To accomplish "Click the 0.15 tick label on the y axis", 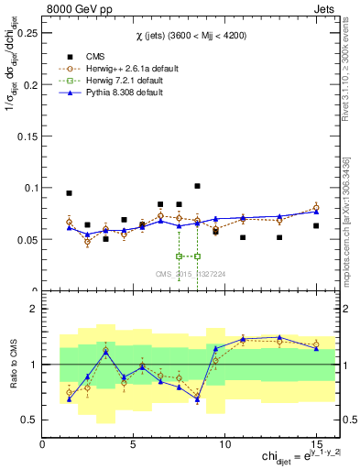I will click(x=27, y=136).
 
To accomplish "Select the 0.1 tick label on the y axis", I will click(x=30, y=188).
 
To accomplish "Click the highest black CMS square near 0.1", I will click(x=197, y=186).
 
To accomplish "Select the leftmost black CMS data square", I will click(x=70, y=193).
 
